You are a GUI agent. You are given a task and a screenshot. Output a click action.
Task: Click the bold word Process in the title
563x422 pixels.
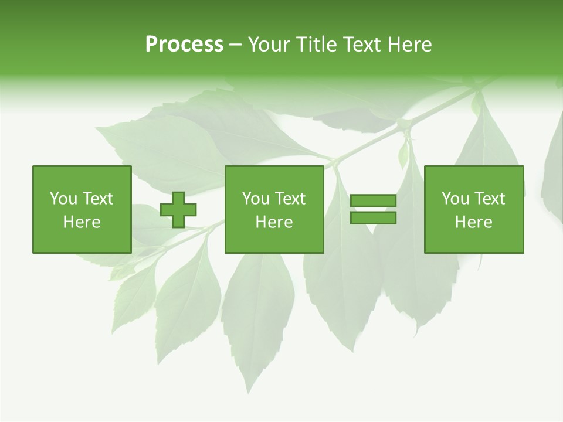(184, 45)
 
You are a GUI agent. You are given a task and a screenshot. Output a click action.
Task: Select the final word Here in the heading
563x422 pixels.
(409, 45)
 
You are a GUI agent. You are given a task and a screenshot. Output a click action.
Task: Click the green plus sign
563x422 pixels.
(178, 210)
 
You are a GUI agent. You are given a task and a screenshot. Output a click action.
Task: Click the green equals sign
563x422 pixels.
(373, 209)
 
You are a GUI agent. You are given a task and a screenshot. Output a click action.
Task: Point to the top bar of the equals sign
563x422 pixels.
(373, 201)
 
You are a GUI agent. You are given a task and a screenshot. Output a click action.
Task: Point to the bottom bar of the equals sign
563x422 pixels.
(373, 218)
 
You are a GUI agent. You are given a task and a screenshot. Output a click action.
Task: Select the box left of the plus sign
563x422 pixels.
(82, 209)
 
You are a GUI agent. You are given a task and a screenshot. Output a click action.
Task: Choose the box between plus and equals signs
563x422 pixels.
(274, 209)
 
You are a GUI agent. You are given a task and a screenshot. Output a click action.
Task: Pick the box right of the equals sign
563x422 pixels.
(473, 209)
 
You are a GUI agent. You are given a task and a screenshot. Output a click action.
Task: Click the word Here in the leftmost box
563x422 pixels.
(82, 222)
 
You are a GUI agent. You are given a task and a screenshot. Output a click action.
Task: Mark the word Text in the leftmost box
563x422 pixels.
(98, 199)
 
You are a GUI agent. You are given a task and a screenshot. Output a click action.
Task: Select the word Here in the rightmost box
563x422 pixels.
(473, 222)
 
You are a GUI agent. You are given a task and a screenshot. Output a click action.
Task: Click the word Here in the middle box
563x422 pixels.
(274, 222)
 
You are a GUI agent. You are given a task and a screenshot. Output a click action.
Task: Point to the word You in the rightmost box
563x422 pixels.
(455, 199)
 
